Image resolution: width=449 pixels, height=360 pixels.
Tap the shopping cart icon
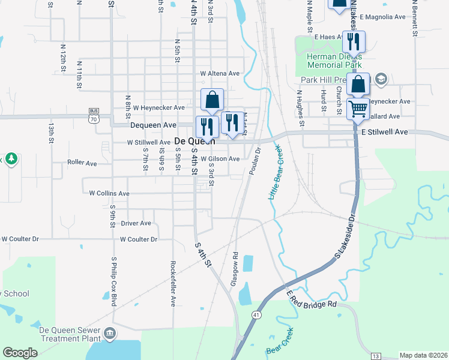pyautogui.click(x=358, y=109)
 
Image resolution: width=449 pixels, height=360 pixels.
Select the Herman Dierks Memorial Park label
pyautogui.click(x=334, y=61)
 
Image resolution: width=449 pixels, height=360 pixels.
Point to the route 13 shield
pyautogui.click(x=375, y=356)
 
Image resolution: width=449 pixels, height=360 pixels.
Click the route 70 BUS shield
pyautogui.click(x=93, y=115)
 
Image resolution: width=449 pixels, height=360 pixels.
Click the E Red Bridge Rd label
pyautogui.click(x=312, y=299)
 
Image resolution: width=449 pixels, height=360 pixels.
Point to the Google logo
pyautogui.click(x=20, y=353)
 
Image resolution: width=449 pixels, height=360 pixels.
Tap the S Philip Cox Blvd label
pyautogui.click(x=113, y=281)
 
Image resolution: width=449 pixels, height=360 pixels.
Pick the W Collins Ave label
pyautogui.click(x=109, y=194)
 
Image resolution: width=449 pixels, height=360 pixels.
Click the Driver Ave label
pyautogui.click(x=136, y=223)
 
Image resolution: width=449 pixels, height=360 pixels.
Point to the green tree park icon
pyautogui.click(x=11, y=159)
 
